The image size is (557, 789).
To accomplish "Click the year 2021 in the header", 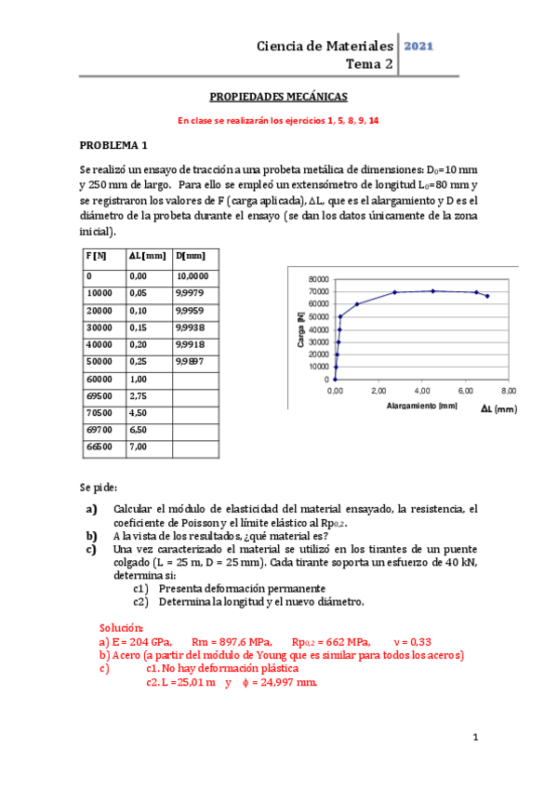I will [418, 46].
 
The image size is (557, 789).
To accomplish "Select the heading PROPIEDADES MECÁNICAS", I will [278, 96].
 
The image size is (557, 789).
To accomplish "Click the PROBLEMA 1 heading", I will [113, 146].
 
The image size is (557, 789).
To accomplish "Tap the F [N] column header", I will [96, 256].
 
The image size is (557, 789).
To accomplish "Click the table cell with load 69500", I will [98, 396].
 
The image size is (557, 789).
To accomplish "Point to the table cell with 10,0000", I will [192, 276].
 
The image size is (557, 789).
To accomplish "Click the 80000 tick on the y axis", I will [317, 279].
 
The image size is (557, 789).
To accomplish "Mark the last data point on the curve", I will [487, 296].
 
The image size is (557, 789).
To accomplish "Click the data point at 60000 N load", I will [357, 304].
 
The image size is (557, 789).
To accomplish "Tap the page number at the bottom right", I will [474, 738].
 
